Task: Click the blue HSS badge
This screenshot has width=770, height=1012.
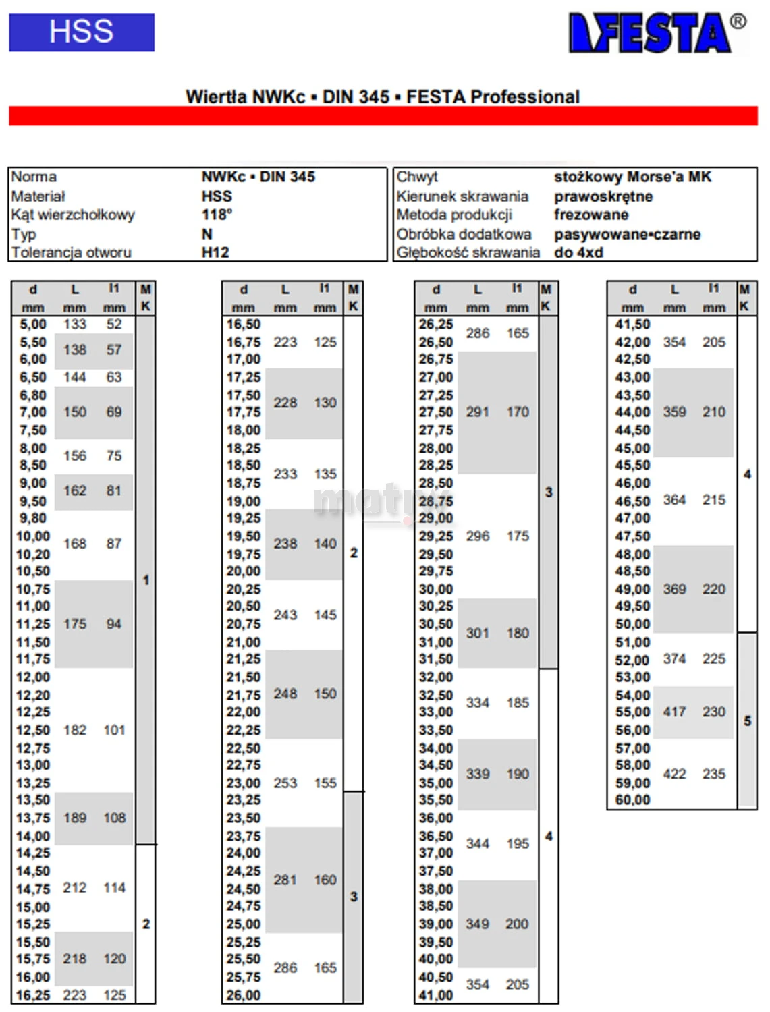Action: (82, 32)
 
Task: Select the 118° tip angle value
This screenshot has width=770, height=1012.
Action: (217, 215)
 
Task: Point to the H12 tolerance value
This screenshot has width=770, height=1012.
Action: (215, 252)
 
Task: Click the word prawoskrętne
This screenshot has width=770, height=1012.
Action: (603, 196)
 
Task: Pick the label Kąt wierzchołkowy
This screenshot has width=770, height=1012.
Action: (73, 215)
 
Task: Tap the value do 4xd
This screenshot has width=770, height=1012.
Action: (578, 252)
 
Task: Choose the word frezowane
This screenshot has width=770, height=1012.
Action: (591, 215)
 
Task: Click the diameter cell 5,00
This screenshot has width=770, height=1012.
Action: (33, 325)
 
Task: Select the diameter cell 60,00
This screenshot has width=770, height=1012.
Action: (632, 800)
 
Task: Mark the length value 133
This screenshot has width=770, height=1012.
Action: (75, 325)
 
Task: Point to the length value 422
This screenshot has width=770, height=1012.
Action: (674, 774)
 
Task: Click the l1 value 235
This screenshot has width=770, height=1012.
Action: (713, 774)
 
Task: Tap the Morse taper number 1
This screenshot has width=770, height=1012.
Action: (146, 580)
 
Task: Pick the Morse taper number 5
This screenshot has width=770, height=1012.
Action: (747, 721)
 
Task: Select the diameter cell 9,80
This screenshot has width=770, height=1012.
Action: (33, 518)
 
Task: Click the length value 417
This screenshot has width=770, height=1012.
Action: (674, 712)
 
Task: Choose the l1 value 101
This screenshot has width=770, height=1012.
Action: (114, 730)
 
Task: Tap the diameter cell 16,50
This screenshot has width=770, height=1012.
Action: (243, 325)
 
